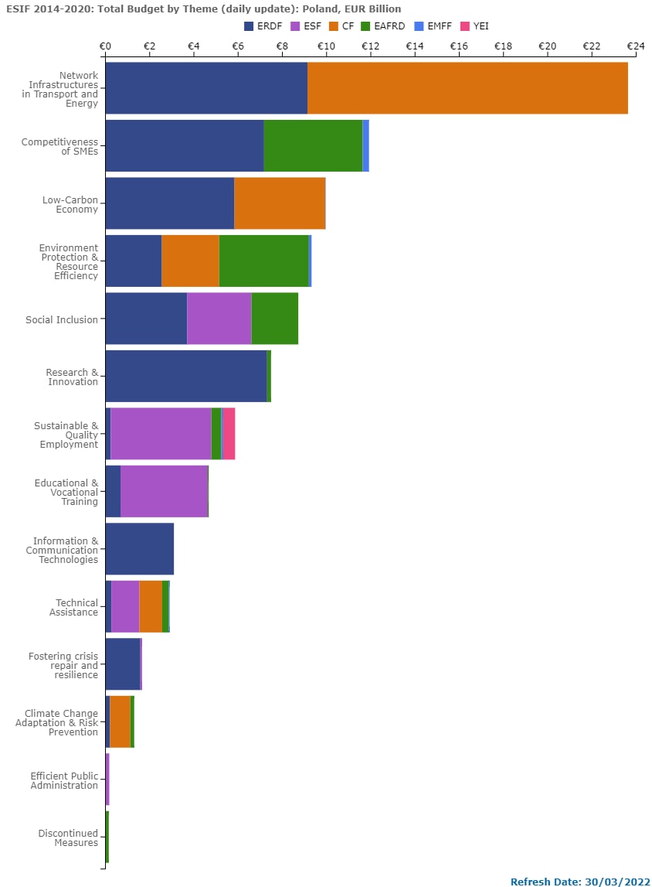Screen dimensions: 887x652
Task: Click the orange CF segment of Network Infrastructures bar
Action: tap(467, 88)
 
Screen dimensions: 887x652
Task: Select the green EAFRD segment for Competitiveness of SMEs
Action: tap(313, 145)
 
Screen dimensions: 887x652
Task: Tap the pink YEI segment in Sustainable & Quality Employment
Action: tap(229, 434)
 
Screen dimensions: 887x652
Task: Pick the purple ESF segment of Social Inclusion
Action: tap(219, 319)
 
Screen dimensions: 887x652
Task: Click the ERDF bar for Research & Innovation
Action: tap(185, 376)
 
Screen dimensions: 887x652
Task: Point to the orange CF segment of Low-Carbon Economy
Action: tap(280, 203)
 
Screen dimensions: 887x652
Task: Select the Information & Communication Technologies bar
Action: tap(139, 549)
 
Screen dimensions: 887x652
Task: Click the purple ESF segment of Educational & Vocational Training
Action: tap(164, 491)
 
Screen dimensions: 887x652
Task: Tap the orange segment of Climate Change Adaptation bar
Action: tap(120, 722)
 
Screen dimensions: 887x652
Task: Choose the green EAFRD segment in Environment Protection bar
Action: tap(263, 261)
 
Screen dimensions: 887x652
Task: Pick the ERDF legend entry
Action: tap(262, 26)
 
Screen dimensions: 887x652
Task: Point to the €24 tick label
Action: tap(635, 46)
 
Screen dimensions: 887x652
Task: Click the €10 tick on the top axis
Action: tap(326, 46)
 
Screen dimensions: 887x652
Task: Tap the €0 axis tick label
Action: tap(105, 46)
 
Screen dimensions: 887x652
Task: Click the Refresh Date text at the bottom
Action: tap(580, 882)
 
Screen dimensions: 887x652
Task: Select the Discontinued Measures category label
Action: tap(68, 838)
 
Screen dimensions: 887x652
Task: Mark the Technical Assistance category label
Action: tap(76, 607)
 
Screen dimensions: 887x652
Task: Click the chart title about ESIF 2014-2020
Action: tap(204, 9)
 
